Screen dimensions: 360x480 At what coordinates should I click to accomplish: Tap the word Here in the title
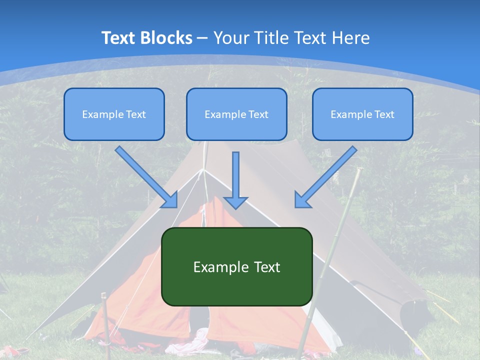click(x=350, y=38)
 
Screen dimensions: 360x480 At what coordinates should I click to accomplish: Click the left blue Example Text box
click(x=114, y=114)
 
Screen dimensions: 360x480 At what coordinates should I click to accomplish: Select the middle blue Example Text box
click(x=236, y=114)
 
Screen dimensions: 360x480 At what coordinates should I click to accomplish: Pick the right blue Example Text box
click(x=362, y=114)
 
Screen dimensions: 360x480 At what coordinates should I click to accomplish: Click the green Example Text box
click(x=236, y=266)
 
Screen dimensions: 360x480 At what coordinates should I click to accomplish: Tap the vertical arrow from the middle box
click(x=236, y=180)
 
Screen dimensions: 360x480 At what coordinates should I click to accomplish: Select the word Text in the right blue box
click(x=384, y=114)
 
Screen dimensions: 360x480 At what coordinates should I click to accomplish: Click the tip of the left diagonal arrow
click(x=176, y=206)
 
